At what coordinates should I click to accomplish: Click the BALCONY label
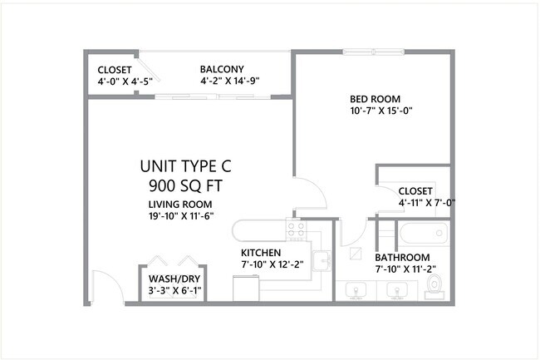(222, 69)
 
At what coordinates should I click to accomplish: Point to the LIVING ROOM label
(180, 205)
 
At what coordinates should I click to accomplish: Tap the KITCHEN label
(261, 253)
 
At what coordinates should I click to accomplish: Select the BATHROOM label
(402, 257)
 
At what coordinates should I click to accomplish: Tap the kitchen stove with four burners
(296, 228)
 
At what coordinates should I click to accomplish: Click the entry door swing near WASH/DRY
(106, 287)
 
